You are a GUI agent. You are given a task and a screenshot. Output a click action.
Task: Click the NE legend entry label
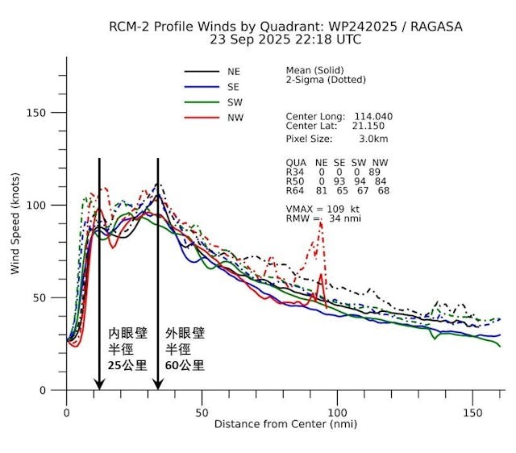coord(235,71)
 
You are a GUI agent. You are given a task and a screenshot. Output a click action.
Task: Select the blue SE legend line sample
coord(202,86)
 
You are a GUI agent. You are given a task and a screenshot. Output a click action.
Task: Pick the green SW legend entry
coord(235,102)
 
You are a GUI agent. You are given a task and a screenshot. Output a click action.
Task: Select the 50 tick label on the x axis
coord(202,412)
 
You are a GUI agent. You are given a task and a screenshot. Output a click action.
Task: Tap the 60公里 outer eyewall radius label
coord(185,365)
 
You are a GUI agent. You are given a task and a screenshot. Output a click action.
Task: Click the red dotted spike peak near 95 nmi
coord(321,222)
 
